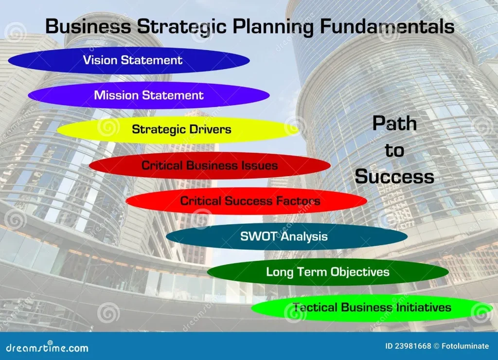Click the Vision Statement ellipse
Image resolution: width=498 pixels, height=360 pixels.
pos(129,60)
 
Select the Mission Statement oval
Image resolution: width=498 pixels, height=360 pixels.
pos(149,95)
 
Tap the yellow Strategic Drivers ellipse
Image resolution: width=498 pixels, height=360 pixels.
pos(178,129)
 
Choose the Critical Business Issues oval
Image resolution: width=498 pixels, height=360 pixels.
pos(210,165)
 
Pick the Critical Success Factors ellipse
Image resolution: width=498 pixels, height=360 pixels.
pos(247,201)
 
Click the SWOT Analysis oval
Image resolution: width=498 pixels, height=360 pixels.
pos(287,236)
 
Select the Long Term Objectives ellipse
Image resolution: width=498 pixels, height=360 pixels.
pos(328,272)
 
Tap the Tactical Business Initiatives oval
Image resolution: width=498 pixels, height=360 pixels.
pos(372,307)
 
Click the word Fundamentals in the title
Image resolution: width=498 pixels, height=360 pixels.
pos(387,26)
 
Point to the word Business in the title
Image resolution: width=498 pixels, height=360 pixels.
pos(88,26)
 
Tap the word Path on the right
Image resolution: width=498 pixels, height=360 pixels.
pos(395,123)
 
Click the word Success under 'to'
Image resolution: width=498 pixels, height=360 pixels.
pos(394,177)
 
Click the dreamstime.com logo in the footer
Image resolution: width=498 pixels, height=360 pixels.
pos(47,347)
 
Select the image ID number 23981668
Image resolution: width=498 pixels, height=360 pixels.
pos(413,346)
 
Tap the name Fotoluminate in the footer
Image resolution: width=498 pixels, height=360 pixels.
pos(465,346)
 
